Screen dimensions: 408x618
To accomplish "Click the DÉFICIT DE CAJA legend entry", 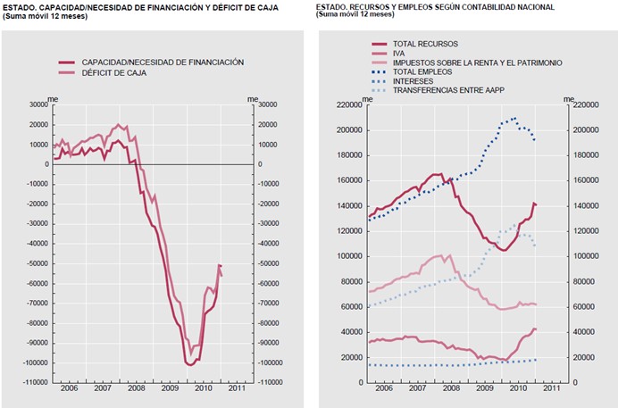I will pos(114,72).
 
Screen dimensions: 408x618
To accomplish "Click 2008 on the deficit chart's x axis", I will pos(136,389).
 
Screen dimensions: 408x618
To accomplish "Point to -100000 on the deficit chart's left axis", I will pos(35,362).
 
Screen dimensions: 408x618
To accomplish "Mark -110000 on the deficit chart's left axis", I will pos(35,382).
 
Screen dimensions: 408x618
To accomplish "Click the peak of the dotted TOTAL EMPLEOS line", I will pos(514,118).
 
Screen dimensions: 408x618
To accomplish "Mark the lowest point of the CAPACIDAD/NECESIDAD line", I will pos(191,364).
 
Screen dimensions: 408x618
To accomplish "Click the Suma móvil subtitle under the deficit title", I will pos(45,15).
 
